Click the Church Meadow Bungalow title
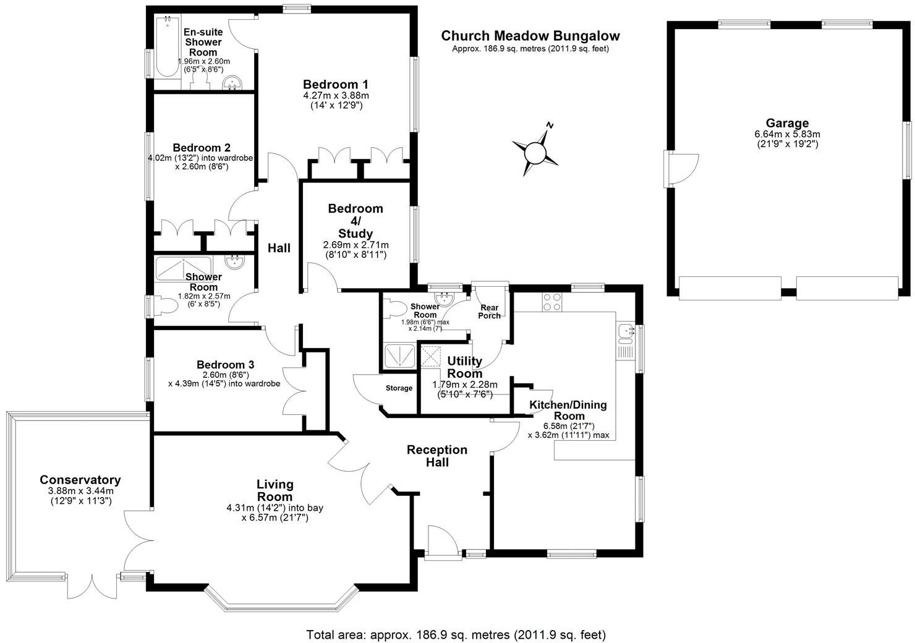[530, 36]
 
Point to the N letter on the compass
[550, 125]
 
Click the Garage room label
[787, 122]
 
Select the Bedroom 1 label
[335, 85]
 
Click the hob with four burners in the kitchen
[551, 302]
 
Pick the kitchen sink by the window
[626, 333]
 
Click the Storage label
[399, 388]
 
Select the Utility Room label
[464, 367]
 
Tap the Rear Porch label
[490, 311]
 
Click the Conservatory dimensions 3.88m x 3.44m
[80, 491]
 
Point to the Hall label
[279, 247]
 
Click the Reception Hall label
[437, 456]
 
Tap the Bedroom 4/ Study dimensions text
[355, 250]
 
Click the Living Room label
[274, 491]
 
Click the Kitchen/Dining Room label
[568, 410]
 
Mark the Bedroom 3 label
[225, 364]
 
